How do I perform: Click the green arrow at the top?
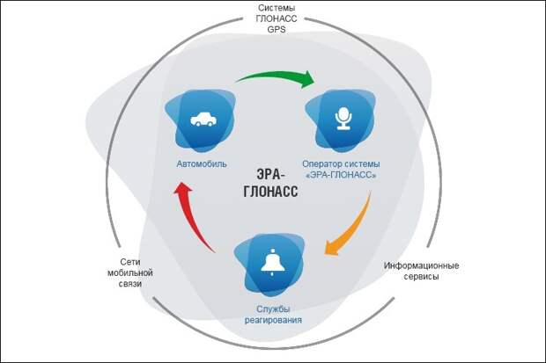coord(275,76)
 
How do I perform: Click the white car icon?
coord(203,119)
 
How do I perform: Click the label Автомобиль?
coord(202,164)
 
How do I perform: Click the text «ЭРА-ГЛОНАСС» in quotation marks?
coord(341,176)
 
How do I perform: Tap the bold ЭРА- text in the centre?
coord(273,171)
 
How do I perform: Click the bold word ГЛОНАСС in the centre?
coord(273,190)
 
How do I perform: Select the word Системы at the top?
coord(272,6)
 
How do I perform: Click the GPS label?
coord(272,29)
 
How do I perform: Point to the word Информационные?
coord(422,265)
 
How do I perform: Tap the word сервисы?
coord(422,277)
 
